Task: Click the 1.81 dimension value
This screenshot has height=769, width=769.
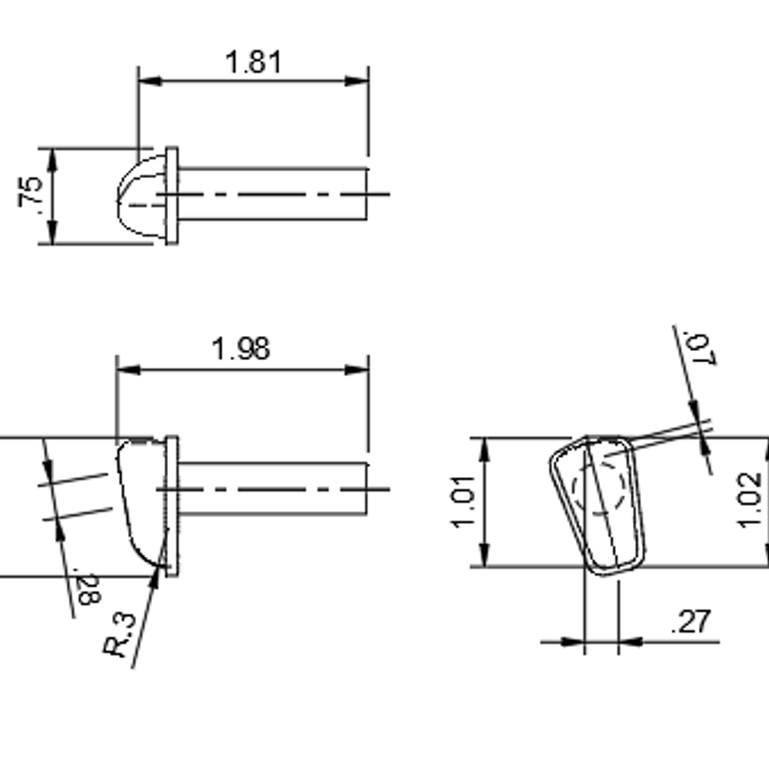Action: (253, 63)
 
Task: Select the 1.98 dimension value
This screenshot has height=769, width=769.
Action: (241, 349)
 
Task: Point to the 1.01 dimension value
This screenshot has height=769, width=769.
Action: (462, 502)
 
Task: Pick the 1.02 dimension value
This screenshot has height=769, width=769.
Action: (750, 500)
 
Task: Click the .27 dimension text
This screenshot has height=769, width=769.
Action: (690, 621)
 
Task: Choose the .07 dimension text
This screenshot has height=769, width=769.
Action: (700, 349)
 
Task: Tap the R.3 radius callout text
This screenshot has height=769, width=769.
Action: (120, 634)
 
